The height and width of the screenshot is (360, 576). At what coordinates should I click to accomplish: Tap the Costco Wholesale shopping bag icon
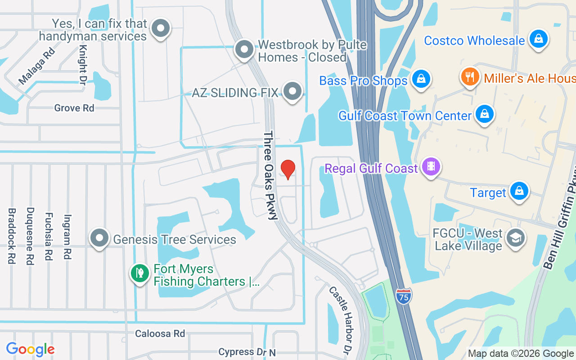(x=538, y=39)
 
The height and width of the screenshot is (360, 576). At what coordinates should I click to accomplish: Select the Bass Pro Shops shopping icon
(x=421, y=79)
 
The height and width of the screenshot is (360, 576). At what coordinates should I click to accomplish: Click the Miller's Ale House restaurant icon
(x=469, y=76)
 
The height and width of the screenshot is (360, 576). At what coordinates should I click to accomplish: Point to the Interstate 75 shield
(x=404, y=297)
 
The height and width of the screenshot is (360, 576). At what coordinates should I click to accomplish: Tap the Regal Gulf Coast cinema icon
(x=431, y=167)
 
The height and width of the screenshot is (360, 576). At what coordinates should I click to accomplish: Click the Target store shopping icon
(x=519, y=191)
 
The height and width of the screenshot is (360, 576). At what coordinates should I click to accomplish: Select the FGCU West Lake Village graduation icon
(x=515, y=238)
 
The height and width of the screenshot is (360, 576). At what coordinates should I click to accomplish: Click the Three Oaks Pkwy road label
(x=271, y=175)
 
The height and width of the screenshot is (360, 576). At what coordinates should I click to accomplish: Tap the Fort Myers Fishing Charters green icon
(x=139, y=273)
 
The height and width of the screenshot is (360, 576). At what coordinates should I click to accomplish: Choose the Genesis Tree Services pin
(x=99, y=238)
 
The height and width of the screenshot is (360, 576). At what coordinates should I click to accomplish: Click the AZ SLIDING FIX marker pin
(x=293, y=91)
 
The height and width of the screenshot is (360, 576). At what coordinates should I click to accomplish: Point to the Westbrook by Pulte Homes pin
(x=244, y=49)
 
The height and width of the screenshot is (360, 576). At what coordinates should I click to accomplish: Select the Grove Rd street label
(x=74, y=108)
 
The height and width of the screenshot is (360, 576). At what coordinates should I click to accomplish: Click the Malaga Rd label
(x=36, y=67)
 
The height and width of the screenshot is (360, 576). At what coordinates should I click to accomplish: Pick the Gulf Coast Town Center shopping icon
(x=484, y=114)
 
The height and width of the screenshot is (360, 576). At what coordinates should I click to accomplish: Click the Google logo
(x=30, y=349)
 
